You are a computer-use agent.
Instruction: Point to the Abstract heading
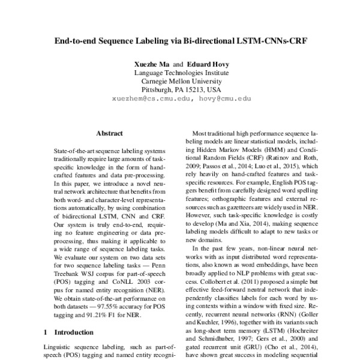tap(109, 133)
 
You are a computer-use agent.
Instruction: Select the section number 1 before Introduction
tap(47, 331)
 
